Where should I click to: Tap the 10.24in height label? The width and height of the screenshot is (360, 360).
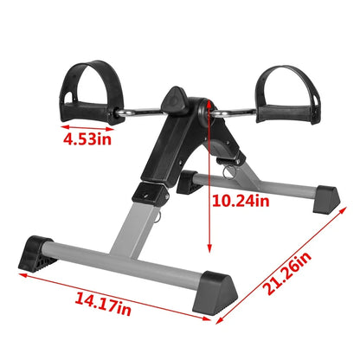(x=241, y=202)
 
